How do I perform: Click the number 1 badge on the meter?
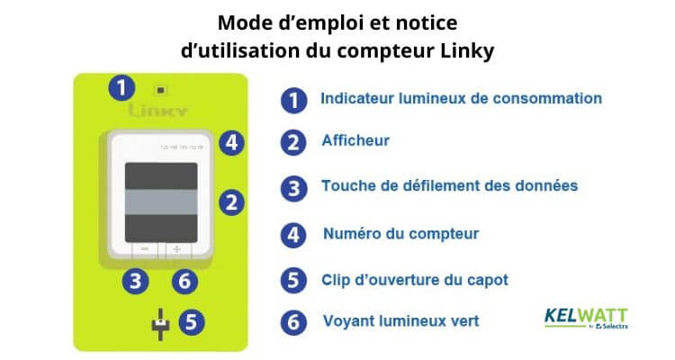[x=121, y=88]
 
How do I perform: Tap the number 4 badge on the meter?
[x=232, y=142]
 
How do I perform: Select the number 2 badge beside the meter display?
[x=232, y=202]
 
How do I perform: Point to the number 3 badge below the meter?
[x=135, y=281]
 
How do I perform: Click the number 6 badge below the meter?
[x=184, y=281]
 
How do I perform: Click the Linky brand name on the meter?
[x=157, y=112]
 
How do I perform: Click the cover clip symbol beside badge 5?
[x=159, y=322]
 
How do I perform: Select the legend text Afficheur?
[x=355, y=141]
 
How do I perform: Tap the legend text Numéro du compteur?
[x=400, y=234]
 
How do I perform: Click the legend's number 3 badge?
[x=292, y=187]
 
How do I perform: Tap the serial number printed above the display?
[x=181, y=145]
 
